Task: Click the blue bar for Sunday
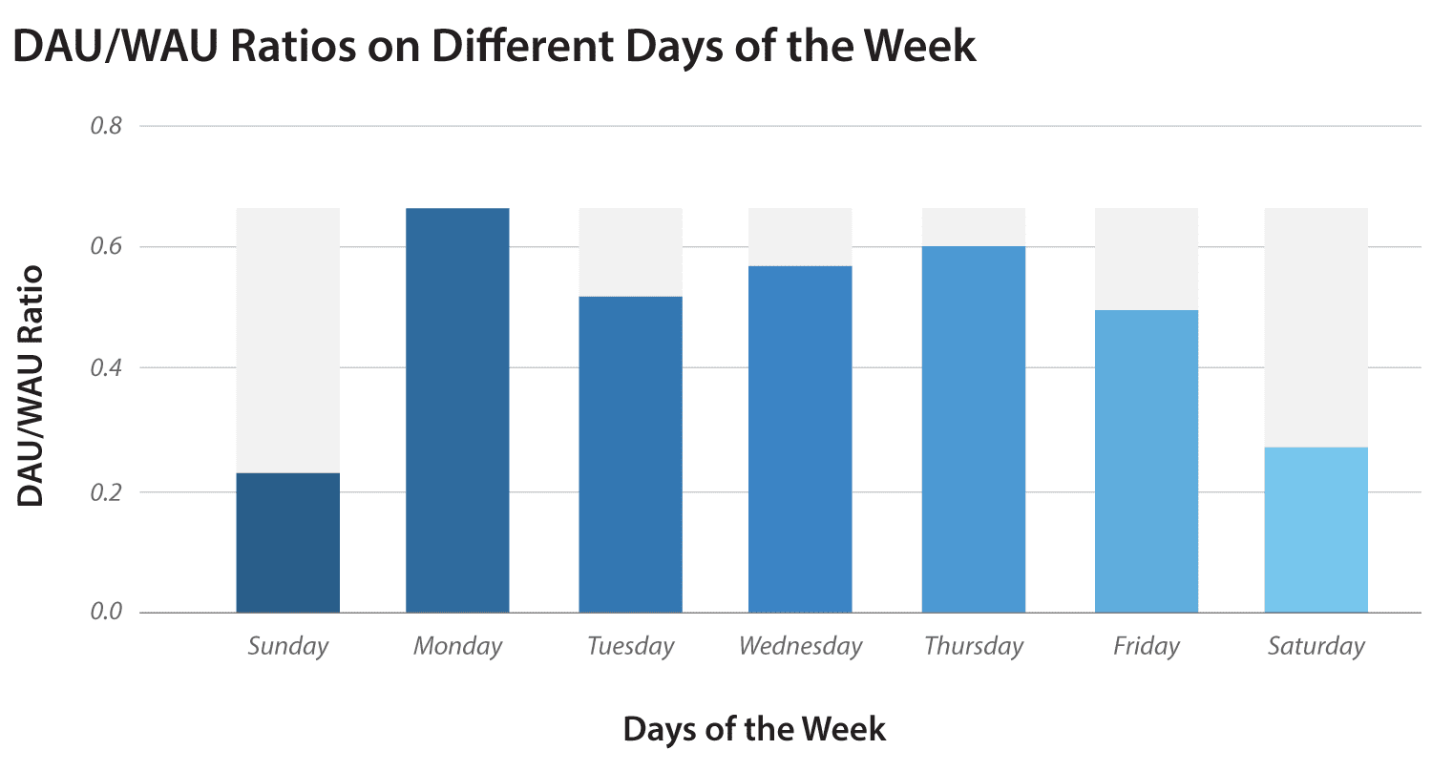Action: coord(287,542)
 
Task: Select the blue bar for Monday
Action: coord(457,410)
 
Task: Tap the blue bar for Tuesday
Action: coord(630,454)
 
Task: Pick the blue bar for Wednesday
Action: coord(800,439)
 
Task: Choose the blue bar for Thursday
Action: coord(973,429)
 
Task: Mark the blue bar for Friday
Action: coord(1146,461)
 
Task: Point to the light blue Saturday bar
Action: coord(1316,530)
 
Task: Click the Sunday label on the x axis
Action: coord(287,647)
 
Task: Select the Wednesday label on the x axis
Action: coord(800,647)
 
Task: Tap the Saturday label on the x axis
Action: coord(1316,647)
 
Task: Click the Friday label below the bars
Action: coord(1146,647)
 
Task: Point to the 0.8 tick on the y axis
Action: coord(107,126)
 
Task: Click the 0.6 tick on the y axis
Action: coord(107,247)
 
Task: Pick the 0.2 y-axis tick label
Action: coord(107,492)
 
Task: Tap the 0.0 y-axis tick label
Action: coord(107,612)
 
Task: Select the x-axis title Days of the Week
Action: coord(754,730)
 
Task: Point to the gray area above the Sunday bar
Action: coord(287,339)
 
